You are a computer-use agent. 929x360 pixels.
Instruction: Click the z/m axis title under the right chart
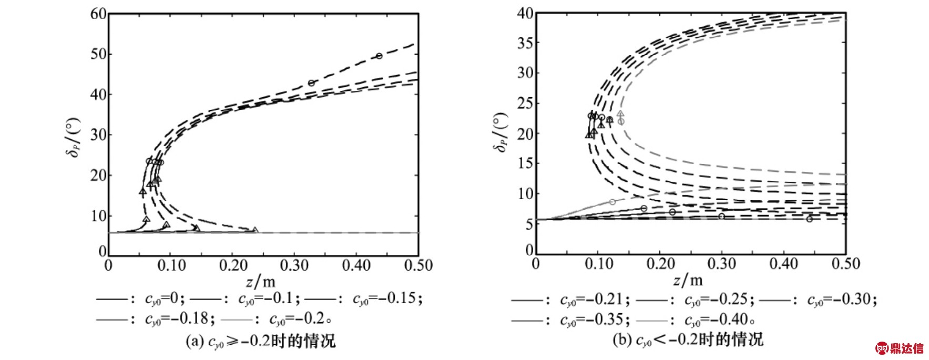pos(688,280)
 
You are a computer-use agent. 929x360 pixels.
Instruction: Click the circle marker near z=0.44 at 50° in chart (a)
pos(379,56)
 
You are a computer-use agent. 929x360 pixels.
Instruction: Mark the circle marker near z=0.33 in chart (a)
pos(311,83)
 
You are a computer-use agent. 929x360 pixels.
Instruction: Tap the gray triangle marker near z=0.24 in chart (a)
pos(255,230)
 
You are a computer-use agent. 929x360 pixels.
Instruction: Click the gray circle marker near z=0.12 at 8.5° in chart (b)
pos(612,202)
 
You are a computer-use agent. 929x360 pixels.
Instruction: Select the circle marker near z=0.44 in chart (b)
pos(810,219)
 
